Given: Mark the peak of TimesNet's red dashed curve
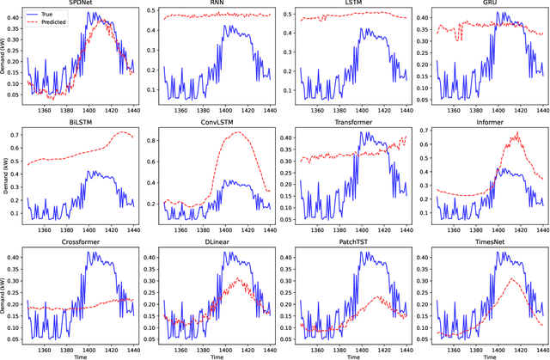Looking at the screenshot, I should coord(512,279).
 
